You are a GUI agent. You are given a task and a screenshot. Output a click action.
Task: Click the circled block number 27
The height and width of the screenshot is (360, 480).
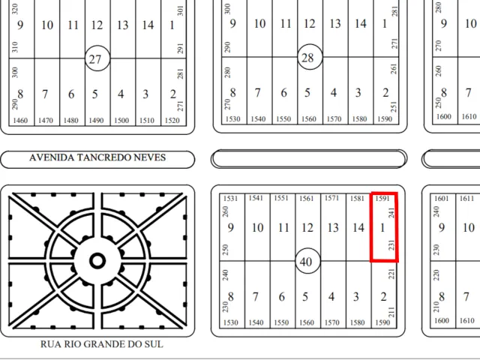tap(97, 58)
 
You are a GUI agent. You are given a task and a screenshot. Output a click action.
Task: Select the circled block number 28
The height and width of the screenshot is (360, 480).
tap(310, 57)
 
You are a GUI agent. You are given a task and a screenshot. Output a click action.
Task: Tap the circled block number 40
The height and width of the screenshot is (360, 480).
tap(307, 261)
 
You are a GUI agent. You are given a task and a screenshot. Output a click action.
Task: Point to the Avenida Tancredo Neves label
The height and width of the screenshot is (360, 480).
tap(97, 157)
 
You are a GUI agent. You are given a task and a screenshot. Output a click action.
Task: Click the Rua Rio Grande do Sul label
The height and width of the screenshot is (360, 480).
tap(102, 344)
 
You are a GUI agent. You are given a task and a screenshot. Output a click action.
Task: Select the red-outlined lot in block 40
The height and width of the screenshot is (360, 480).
tap(384, 227)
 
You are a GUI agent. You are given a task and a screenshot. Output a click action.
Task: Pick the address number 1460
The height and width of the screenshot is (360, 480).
tap(20, 121)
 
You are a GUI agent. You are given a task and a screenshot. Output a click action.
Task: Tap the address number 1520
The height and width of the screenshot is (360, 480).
tap(172, 121)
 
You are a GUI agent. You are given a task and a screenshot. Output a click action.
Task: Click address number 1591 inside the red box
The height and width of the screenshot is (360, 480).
tap(382, 198)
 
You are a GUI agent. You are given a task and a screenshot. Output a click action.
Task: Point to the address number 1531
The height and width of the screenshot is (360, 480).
tap(230, 198)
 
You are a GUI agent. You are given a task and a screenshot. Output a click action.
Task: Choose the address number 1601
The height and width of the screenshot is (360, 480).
tap(442, 198)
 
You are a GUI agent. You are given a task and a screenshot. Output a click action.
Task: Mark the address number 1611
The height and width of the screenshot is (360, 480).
tap(466, 198)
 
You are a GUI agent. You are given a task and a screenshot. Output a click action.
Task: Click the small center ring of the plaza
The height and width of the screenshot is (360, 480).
tap(97, 261)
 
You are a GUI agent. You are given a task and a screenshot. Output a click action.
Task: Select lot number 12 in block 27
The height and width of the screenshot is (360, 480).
tap(97, 25)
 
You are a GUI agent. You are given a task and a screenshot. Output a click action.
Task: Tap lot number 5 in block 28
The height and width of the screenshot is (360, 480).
tap(307, 93)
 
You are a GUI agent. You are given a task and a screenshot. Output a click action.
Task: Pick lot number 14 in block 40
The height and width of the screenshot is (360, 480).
tap(358, 228)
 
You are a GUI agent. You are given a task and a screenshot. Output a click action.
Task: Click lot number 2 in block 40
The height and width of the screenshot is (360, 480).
tap(383, 297)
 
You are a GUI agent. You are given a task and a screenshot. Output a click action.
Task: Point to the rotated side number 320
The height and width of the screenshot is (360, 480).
tap(15, 9)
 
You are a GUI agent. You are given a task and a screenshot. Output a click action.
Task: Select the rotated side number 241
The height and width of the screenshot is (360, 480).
tap(391, 213)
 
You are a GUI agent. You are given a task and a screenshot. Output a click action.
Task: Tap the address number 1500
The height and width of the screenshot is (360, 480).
tap(121, 121)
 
